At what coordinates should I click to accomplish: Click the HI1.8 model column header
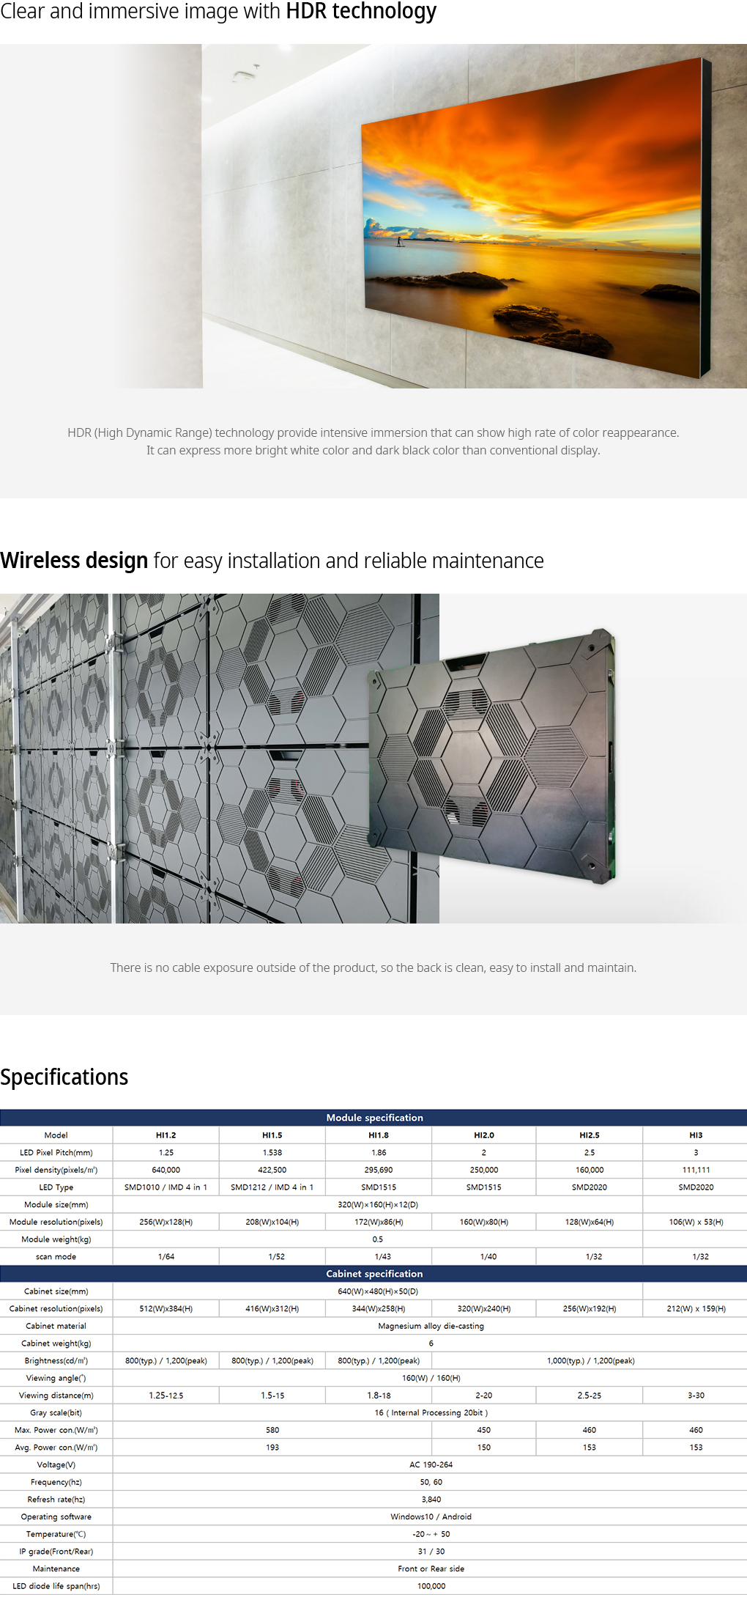pos(378,1135)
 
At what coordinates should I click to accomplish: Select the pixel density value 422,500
pos(272,1170)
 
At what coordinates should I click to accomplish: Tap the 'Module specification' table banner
pos(374,1118)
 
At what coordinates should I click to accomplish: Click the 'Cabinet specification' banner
pos(374,1274)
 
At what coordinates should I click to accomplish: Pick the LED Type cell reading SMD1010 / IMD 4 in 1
pos(166,1187)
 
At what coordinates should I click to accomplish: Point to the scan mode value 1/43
pos(382,1256)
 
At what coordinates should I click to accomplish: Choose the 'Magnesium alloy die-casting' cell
pos(431,1326)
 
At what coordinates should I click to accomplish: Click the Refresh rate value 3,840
pos(431,1500)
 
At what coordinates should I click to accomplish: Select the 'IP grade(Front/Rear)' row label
pos(56,1552)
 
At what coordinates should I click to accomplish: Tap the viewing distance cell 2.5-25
pos(589,1396)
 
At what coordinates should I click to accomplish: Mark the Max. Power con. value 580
pos(272,1430)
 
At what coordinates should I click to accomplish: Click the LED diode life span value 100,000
pos(431,1586)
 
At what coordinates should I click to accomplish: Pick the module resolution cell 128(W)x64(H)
pos(590,1222)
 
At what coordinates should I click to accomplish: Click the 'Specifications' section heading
pos(64,1077)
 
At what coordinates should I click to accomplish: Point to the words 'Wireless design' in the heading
pos(74,561)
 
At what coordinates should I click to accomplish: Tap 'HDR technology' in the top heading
pos(361,12)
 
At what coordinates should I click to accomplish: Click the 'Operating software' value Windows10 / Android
pos(431,1516)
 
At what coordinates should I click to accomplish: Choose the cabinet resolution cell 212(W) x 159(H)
pos(696,1308)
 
